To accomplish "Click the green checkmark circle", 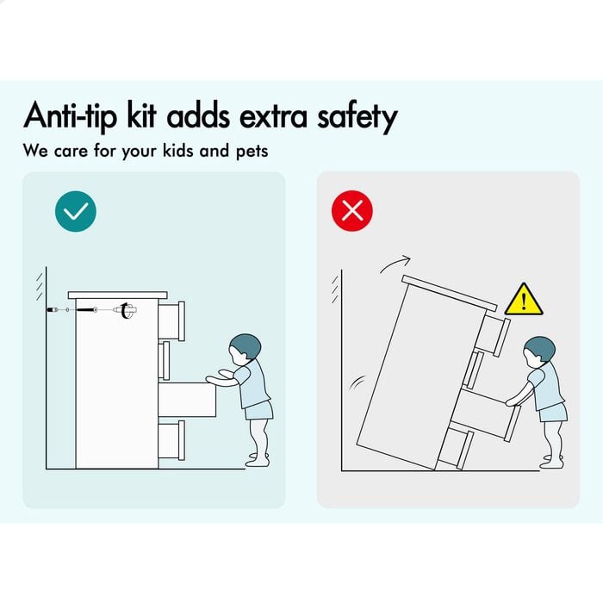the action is [x=76, y=211].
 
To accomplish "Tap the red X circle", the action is [x=351, y=211].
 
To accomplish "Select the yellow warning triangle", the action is [x=524, y=300].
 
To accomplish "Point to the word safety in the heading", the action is [x=357, y=116].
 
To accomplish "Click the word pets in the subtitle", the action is [x=252, y=151].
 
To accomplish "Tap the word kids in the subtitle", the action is [x=177, y=150].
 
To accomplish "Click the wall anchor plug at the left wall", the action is [x=53, y=309].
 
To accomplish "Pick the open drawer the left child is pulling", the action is [x=187, y=400].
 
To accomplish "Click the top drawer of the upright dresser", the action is [x=171, y=320].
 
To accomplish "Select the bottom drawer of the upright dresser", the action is [x=171, y=441].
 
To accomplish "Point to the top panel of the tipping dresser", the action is [x=449, y=293].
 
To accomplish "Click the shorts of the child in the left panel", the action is [x=258, y=410].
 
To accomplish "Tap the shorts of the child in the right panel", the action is [x=553, y=413].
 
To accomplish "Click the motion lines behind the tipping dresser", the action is [x=357, y=382].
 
